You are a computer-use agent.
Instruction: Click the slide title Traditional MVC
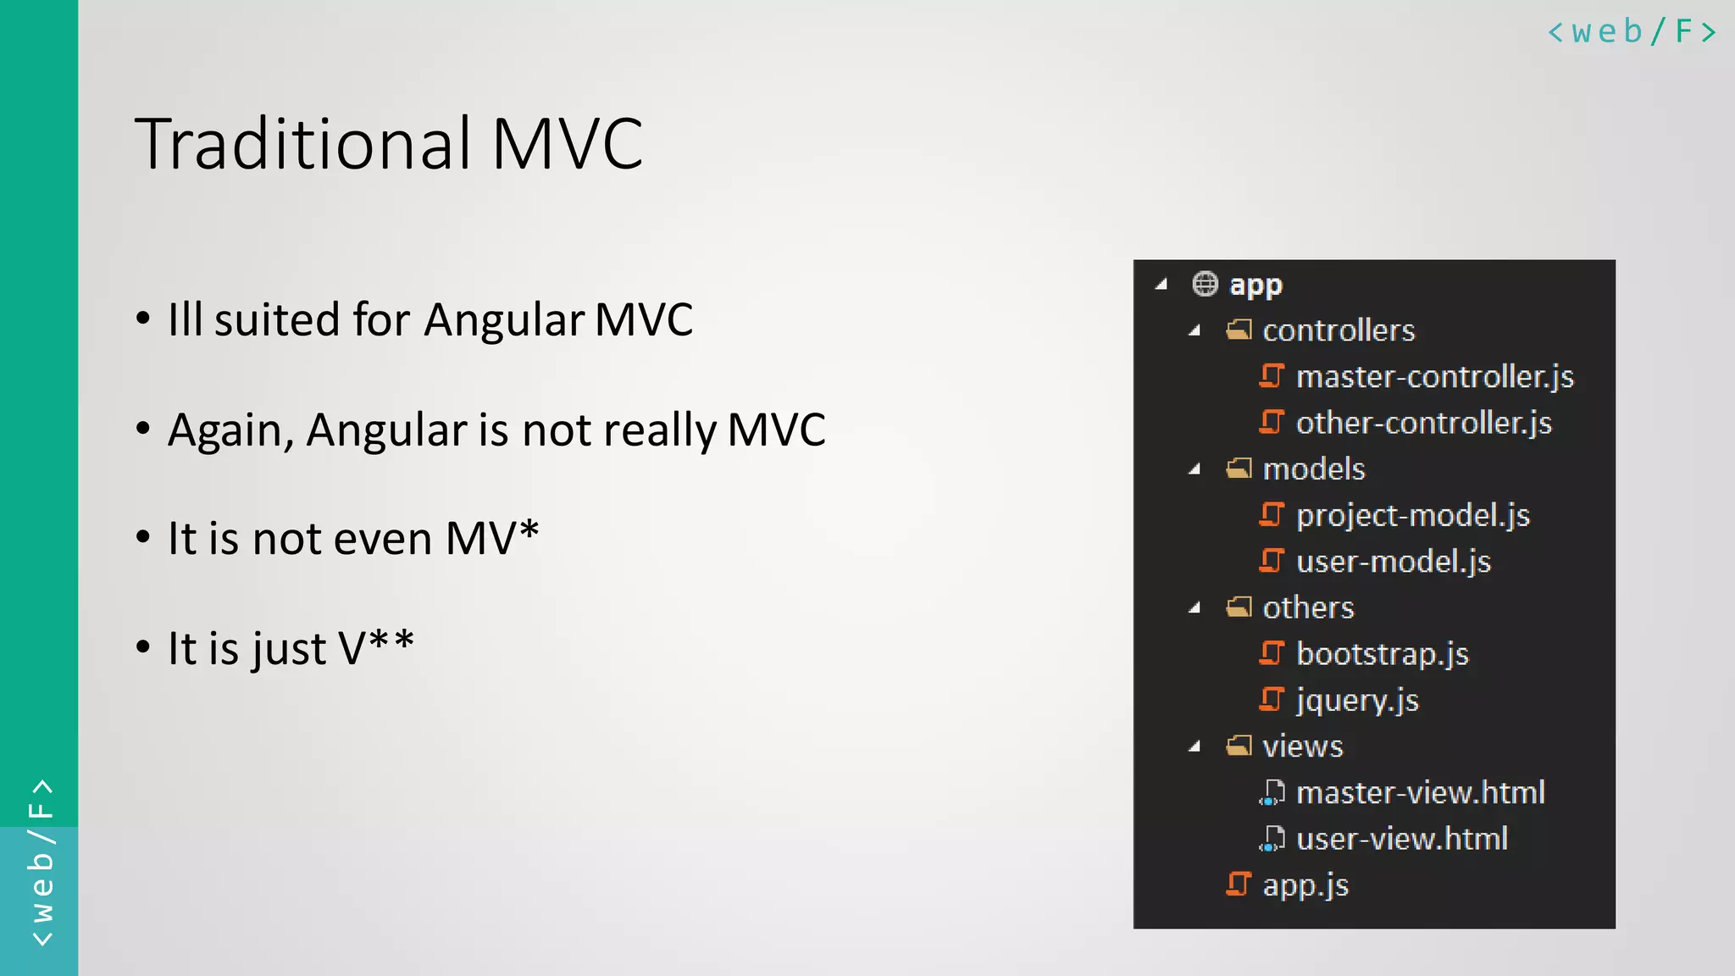click(x=389, y=144)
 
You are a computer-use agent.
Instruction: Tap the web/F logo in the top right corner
click(x=1631, y=32)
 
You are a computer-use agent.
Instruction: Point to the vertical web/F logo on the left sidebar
click(x=41, y=862)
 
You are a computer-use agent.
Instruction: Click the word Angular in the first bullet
click(x=505, y=320)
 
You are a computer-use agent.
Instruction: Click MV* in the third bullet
click(x=492, y=539)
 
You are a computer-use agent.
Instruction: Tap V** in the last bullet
click(x=376, y=648)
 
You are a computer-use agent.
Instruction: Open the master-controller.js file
click(x=1434, y=376)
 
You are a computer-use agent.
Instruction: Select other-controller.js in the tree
click(x=1423, y=423)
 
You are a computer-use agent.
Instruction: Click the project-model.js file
click(x=1412, y=515)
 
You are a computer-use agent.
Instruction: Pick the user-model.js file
click(x=1393, y=562)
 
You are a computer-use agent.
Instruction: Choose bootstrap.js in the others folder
click(x=1382, y=654)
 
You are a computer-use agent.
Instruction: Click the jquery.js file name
click(x=1357, y=701)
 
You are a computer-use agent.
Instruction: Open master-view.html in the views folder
click(x=1420, y=793)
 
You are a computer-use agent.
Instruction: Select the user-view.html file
click(x=1401, y=839)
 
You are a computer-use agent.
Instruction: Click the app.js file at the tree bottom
click(x=1305, y=885)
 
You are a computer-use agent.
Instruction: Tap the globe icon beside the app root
click(x=1205, y=284)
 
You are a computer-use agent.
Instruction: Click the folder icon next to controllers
click(x=1239, y=330)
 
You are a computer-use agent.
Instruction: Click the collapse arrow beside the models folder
click(x=1195, y=469)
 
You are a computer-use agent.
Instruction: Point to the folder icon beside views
click(x=1239, y=746)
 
